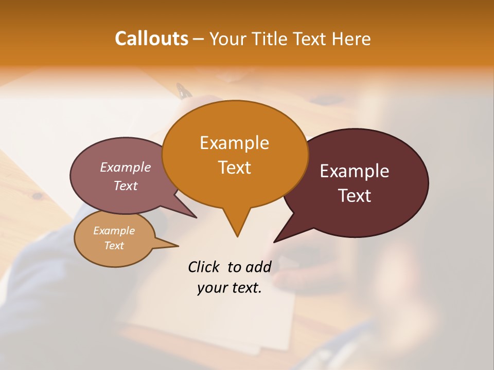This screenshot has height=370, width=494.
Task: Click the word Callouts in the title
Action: tap(151, 39)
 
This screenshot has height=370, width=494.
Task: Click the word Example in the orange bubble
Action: tap(234, 143)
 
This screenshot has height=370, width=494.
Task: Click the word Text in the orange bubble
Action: tap(234, 168)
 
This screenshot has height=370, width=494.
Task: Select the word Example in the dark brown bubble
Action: tap(355, 171)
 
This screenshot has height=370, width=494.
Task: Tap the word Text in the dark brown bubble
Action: tap(355, 196)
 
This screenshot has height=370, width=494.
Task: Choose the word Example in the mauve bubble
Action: tap(125, 167)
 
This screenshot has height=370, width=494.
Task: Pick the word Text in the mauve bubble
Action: tap(125, 186)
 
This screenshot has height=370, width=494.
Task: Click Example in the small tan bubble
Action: tap(114, 231)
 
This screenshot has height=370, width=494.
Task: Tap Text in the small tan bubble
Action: tap(114, 246)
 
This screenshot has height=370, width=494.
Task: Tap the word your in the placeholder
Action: tap(211, 288)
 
